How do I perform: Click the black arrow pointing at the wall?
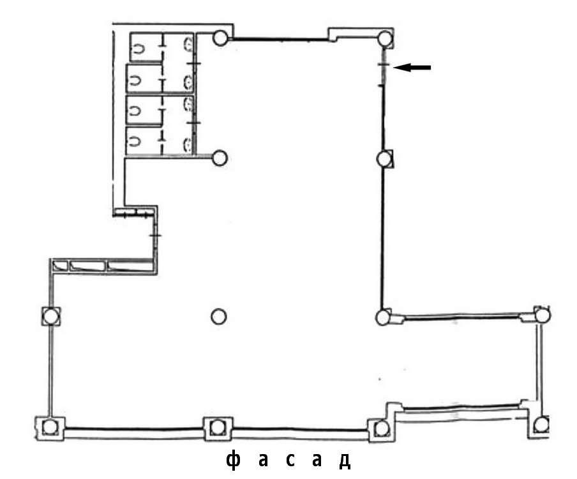tap(412, 67)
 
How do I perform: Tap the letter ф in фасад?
tap(234, 460)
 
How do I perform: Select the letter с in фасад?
tap(290, 460)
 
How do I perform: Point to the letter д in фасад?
tap(345, 461)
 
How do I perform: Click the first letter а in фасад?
tap(263, 460)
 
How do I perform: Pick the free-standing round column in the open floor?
tap(218, 317)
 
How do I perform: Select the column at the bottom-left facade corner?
tap(49, 427)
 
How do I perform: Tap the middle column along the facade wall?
tap(218, 428)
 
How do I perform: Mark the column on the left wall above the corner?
tap(50, 316)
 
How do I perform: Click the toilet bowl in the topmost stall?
tap(139, 49)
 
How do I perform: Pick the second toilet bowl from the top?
tap(134, 80)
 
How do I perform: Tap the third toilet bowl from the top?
tap(134, 110)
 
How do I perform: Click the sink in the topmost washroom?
tap(188, 43)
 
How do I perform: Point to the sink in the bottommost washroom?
tap(188, 145)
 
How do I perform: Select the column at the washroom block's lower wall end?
tap(220, 158)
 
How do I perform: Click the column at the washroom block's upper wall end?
tap(220, 38)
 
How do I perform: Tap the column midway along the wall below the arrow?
tap(384, 159)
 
